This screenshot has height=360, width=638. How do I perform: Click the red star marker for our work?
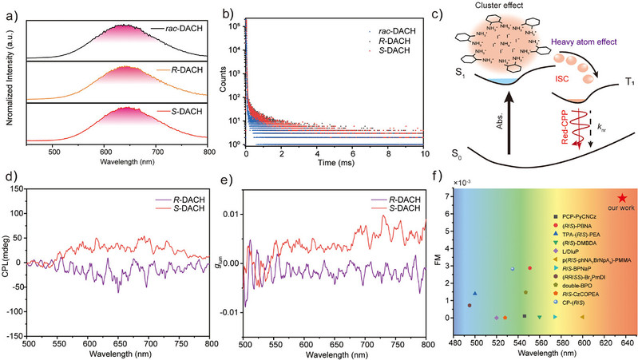click(622, 198)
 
